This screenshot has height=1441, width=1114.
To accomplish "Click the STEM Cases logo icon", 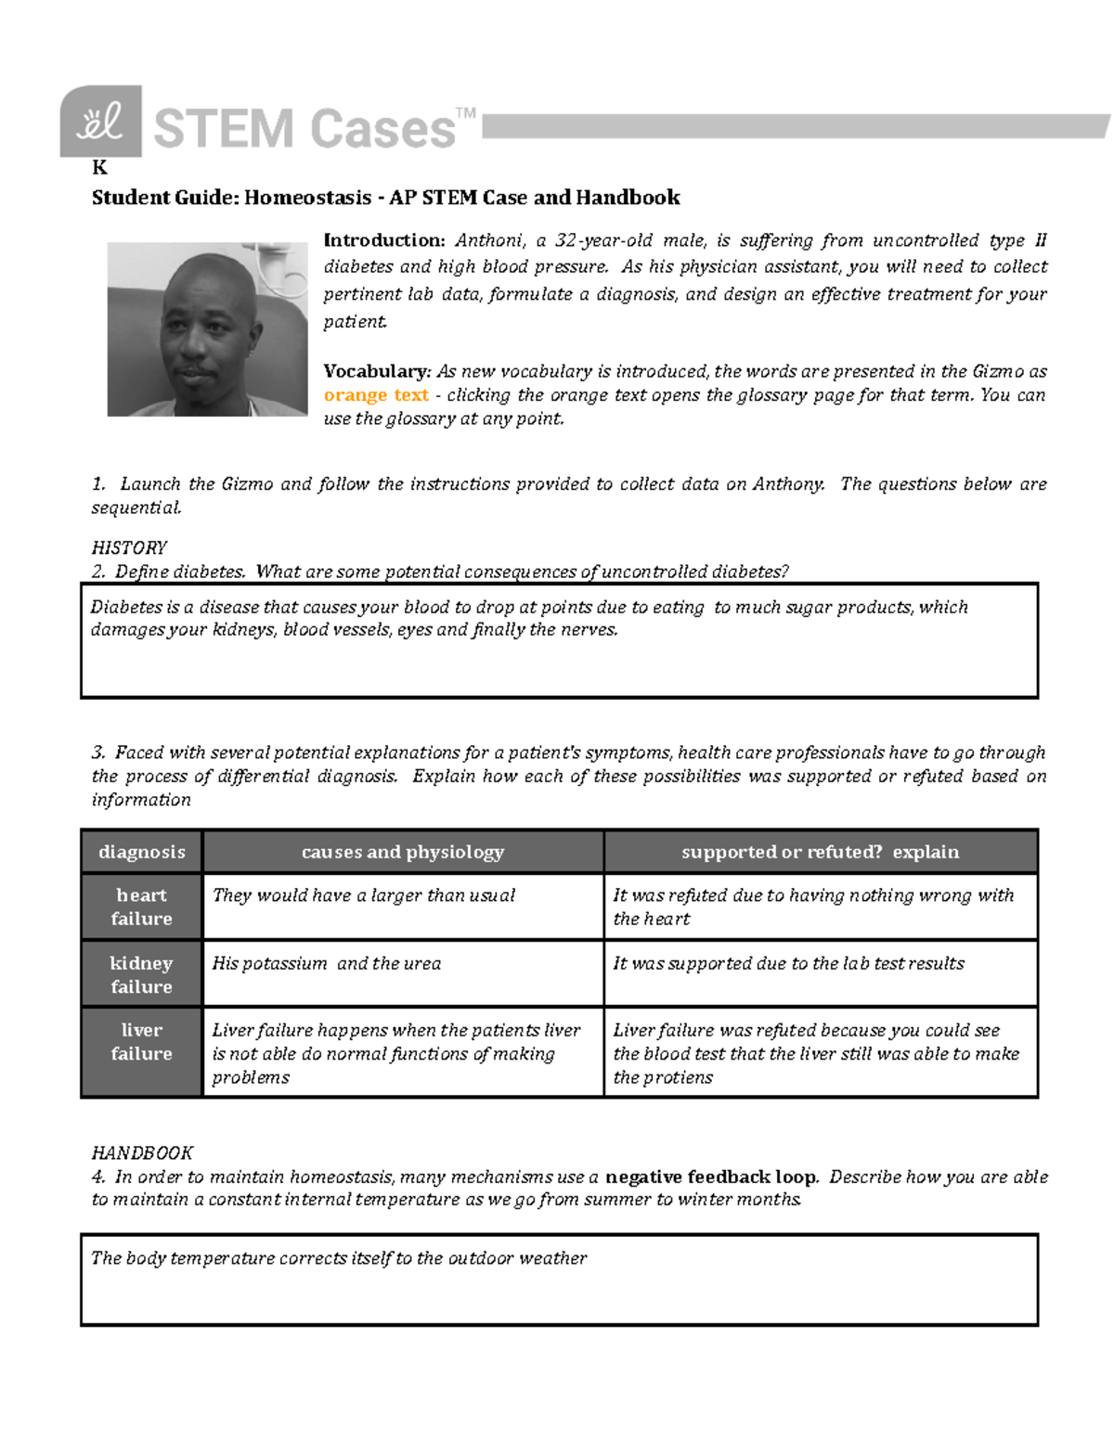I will [100, 122].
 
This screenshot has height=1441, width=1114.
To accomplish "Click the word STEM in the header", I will [223, 129].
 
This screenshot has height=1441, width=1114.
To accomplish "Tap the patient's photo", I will [207, 329].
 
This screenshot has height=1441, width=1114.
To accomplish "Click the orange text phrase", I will [375, 395].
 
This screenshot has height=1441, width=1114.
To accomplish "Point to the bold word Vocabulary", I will [376, 371].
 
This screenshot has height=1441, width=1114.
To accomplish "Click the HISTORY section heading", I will [129, 547].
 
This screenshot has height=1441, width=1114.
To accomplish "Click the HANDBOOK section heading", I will [142, 1152].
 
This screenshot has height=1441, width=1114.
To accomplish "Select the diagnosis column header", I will [142, 852].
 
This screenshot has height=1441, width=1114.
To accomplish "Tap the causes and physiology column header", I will [403, 852].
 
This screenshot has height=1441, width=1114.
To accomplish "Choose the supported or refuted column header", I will [820, 852].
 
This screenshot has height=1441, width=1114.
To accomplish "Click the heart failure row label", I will [142, 907].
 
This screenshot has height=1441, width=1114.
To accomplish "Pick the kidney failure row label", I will [142, 974].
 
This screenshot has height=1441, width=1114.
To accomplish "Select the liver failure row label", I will [142, 1042].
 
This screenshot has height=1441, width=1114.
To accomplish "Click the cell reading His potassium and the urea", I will [327, 963].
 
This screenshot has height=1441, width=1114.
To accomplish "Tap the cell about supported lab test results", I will [788, 963].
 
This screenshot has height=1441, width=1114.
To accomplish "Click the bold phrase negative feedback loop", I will [711, 1177].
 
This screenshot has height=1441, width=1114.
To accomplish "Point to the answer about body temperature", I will [339, 1258].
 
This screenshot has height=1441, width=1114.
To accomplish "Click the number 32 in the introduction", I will [565, 240].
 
